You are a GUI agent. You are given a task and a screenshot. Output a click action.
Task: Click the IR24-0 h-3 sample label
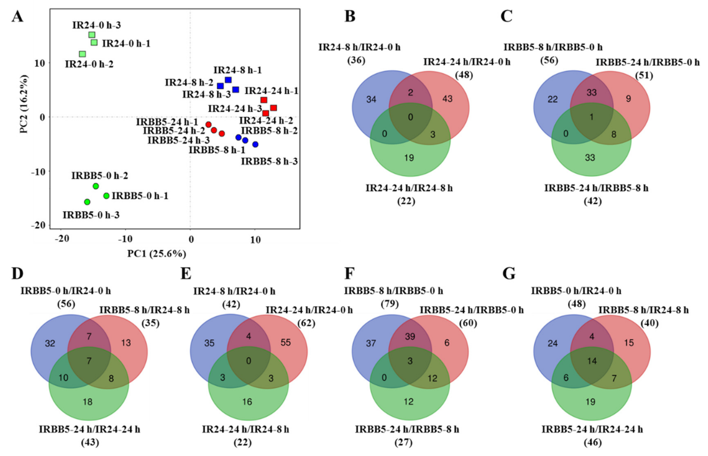(x=97, y=25)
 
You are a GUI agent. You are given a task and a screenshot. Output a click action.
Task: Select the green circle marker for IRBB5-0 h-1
(x=106, y=196)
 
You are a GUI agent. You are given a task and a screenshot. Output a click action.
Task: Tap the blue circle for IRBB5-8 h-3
(x=255, y=144)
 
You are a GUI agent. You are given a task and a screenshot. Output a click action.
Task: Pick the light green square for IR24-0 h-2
(x=83, y=54)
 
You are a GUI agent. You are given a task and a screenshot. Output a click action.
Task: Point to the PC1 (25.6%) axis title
(x=157, y=254)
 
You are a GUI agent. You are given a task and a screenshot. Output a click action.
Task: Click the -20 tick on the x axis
(x=62, y=239)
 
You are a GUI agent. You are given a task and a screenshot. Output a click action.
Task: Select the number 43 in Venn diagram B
(x=447, y=99)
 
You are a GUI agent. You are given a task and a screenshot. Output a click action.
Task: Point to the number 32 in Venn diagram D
(x=50, y=343)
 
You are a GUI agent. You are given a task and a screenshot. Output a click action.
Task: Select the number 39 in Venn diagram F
(x=410, y=336)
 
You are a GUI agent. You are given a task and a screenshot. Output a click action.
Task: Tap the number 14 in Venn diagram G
(x=592, y=361)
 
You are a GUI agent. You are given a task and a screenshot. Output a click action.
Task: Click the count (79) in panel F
(x=390, y=304)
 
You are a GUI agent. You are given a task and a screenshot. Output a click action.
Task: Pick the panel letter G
(x=509, y=274)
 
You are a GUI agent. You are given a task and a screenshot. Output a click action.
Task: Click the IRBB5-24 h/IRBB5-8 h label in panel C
(x=596, y=188)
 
